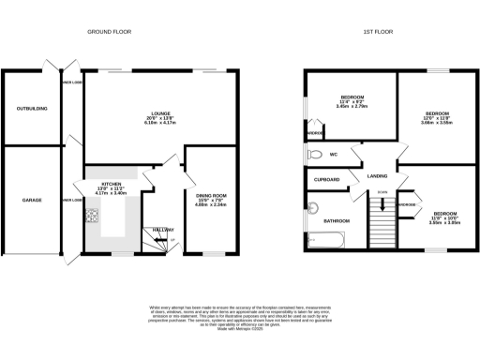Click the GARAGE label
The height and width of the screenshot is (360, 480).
[x=33, y=200]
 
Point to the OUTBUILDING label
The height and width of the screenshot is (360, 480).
[x=33, y=108]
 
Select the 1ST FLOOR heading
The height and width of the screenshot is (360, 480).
[x=377, y=32]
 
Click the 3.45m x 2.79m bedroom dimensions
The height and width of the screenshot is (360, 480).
[x=352, y=106]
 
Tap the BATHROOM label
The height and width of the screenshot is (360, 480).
[x=336, y=220]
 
